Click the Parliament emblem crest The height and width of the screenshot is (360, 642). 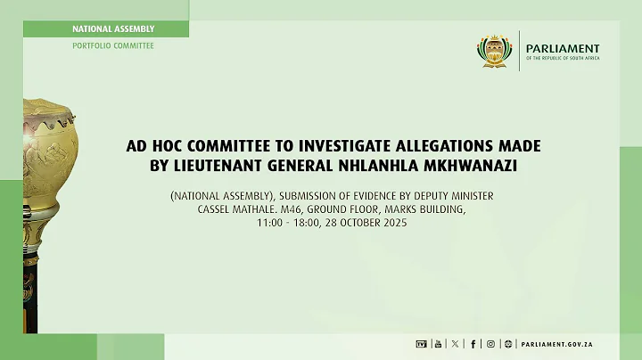[495, 51]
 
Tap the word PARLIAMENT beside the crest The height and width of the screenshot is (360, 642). [564, 49]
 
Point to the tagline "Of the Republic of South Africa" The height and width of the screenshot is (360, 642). [564, 59]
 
